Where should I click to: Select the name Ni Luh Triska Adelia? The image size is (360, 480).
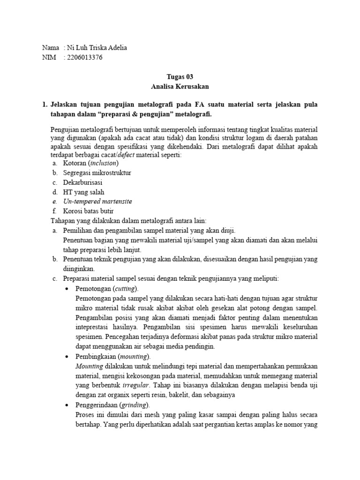coord(97,48)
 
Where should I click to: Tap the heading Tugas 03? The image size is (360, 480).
coord(180,77)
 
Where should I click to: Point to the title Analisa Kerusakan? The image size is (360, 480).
coord(180,87)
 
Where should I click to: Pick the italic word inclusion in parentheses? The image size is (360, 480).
coord(103,163)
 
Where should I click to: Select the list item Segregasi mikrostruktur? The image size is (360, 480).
coord(97,172)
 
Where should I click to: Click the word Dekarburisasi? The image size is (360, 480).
coord(83,182)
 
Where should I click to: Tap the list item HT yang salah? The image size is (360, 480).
coord(83,192)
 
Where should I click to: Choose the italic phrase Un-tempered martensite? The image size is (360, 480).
coord(97,202)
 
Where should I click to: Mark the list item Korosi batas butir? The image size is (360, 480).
coord(88,211)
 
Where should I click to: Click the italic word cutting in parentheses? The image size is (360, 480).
coord(126,288)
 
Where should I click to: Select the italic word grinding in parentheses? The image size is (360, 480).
coord(133,405)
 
